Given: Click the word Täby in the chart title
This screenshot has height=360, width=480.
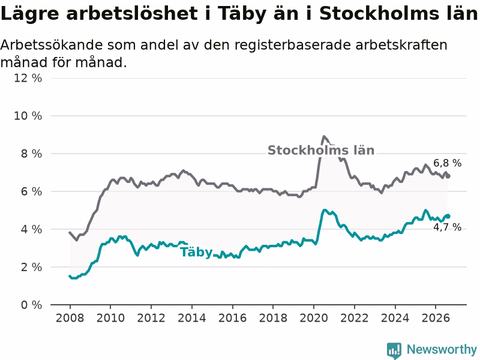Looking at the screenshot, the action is coord(242,14).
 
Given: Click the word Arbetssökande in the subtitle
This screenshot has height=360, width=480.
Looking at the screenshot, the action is coord(52,45).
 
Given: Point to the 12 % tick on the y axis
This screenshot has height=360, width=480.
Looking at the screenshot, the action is coord(28,78).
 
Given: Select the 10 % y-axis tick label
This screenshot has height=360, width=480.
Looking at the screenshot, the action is coord(28,116).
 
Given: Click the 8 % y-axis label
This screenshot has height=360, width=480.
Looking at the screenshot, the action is coord(31,154).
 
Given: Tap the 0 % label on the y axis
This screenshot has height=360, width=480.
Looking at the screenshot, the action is coord(31,305).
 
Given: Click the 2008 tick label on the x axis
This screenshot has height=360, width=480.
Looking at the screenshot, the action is coord(70,318).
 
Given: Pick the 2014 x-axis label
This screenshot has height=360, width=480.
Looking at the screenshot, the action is coord(191,318).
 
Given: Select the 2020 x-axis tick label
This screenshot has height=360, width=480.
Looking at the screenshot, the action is coord(313,318).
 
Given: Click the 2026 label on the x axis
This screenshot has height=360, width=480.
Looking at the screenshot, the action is coord(436,318).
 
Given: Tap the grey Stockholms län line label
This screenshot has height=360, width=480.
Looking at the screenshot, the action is coord(321,151).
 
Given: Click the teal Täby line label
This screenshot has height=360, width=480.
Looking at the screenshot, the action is coord(196,253).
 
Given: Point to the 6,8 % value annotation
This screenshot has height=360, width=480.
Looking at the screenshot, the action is coord(447,163).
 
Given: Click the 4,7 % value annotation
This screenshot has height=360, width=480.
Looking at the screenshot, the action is coord(447,227).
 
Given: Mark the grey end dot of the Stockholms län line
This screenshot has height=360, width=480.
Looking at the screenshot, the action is coord(448,176).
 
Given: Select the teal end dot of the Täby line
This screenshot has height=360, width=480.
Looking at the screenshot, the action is coord(448,216).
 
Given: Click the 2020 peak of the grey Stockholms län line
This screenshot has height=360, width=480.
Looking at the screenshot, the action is coord(324,137).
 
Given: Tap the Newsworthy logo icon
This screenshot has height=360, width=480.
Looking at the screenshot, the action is coord(394,350).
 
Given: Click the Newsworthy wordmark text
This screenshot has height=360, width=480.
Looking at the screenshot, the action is coord(442,349).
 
